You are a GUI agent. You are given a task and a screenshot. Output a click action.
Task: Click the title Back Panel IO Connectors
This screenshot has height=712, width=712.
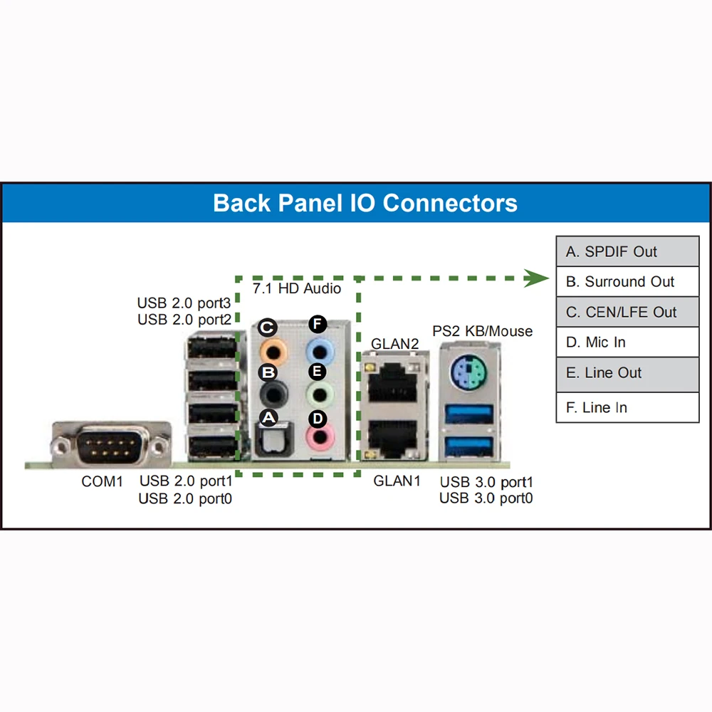click(x=365, y=203)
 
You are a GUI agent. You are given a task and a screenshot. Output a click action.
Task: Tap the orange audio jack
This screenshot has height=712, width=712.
click(x=271, y=350)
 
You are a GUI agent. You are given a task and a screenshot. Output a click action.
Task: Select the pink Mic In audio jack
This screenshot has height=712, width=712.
click(x=319, y=436)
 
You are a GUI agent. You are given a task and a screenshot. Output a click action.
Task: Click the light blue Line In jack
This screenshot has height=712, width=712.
click(x=319, y=350)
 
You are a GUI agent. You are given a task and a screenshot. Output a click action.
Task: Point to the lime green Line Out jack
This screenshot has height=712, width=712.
click(x=319, y=393)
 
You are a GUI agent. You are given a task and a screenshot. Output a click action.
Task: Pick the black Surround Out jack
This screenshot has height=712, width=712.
click(x=271, y=393)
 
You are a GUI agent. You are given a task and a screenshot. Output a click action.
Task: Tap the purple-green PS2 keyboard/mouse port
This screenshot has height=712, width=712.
click(x=471, y=371)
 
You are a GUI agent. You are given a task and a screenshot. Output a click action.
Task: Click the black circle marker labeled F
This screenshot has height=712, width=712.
click(x=318, y=325)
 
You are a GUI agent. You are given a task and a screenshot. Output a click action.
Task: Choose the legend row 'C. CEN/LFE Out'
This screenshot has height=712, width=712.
click(x=627, y=312)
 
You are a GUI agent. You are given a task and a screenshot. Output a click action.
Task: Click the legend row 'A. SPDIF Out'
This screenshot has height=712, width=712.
click(x=627, y=251)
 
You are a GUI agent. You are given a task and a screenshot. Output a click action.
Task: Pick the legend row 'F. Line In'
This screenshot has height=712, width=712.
click(x=627, y=407)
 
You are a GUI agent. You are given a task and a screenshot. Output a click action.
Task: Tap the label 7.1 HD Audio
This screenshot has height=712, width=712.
click(x=297, y=289)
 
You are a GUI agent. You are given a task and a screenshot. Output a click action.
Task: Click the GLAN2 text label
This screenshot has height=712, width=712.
click(x=394, y=345)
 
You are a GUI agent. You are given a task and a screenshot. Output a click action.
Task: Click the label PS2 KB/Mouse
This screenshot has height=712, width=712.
click(x=482, y=331)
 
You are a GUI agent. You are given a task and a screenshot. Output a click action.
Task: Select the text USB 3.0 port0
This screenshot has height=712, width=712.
click(x=486, y=498)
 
